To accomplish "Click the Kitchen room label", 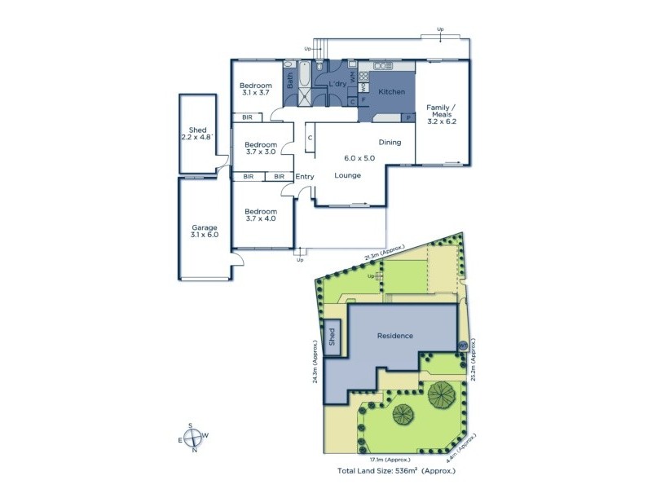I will click(x=391, y=92).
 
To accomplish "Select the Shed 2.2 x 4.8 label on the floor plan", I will click(x=198, y=134).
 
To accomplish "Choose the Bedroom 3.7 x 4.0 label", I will click(x=261, y=215).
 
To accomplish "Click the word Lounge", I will click(x=348, y=175).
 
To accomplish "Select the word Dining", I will click(x=390, y=143).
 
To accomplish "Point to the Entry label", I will click(x=305, y=177).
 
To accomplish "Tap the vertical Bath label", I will click(x=289, y=81).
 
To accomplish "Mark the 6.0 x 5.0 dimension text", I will click(x=360, y=158).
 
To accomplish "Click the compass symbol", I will click(x=193, y=438).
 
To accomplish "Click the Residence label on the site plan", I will click(x=394, y=336).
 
